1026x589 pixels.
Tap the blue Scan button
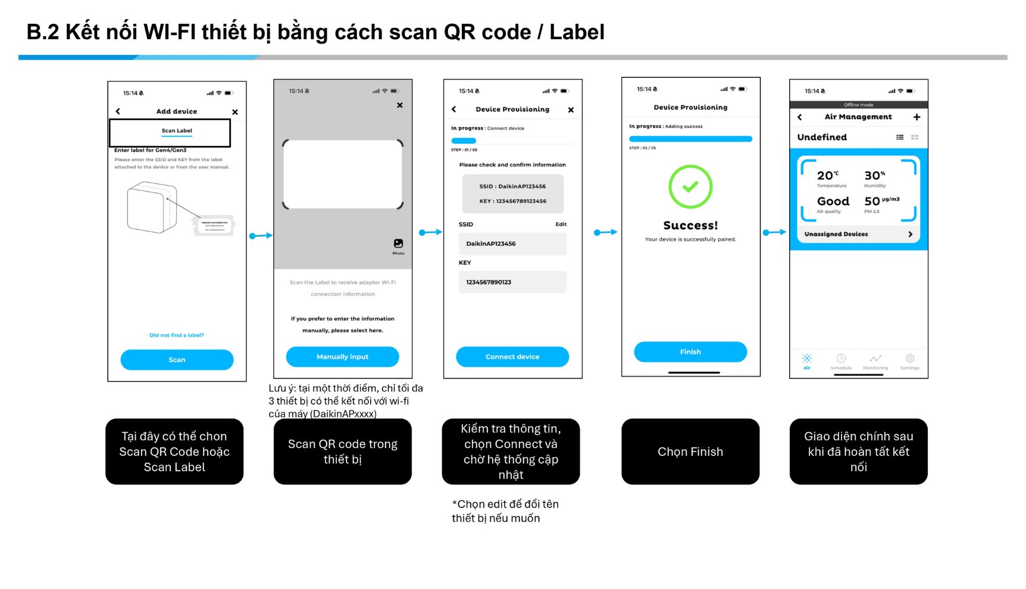pyautogui.click(x=177, y=360)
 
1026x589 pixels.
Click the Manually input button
pyautogui.click(x=342, y=357)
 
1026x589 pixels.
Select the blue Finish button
pyautogui.click(x=690, y=352)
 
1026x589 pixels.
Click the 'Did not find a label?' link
pyautogui.click(x=177, y=336)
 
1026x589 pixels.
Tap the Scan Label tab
pyautogui.click(x=177, y=131)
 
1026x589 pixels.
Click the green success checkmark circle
pyautogui.click(x=690, y=187)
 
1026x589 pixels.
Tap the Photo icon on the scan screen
pyautogui.click(x=398, y=244)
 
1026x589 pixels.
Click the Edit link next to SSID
pyautogui.click(x=561, y=224)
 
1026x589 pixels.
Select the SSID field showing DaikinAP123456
pyautogui.click(x=512, y=244)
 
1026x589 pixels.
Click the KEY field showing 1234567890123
pyautogui.click(x=512, y=282)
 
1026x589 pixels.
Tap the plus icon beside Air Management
pyautogui.click(x=916, y=117)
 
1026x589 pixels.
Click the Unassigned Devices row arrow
pyautogui.click(x=910, y=234)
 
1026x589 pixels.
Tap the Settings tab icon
pyautogui.click(x=909, y=359)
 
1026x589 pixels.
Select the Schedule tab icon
pyautogui.click(x=841, y=359)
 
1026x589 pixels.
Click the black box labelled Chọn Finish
pyautogui.click(x=690, y=452)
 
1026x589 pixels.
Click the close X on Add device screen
pyautogui.click(x=235, y=112)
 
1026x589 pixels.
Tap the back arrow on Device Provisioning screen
pyautogui.click(x=454, y=109)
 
